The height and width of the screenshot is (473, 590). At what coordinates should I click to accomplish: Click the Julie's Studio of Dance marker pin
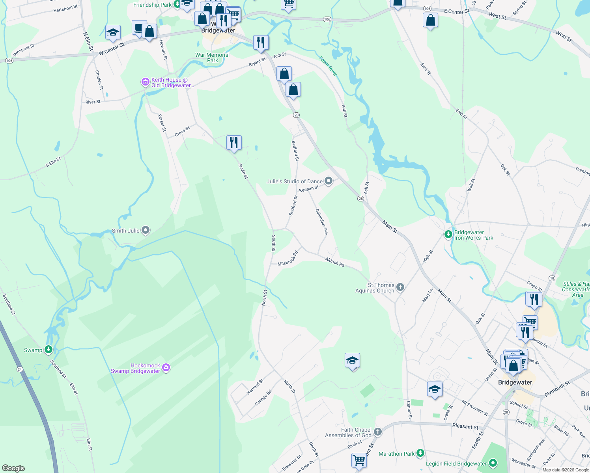pyautogui.click(x=329, y=181)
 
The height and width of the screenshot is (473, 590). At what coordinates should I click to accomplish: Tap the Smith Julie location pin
pyautogui.click(x=146, y=230)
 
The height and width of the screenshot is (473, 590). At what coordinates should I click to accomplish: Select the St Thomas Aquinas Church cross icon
pyautogui.click(x=400, y=287)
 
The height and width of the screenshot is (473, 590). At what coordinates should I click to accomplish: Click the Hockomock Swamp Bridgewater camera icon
pyautogui.click(x=166, y=368)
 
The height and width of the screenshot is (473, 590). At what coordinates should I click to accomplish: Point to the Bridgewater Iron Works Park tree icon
pyautogui.click(x=448, y=235)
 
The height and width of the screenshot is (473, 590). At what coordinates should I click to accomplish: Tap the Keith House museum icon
pyautogui.click(x=146, y=82)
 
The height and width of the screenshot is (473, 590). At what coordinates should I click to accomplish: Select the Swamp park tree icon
pyautogui.click(x=48, y=349)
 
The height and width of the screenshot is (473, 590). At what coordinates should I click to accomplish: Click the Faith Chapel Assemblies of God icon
pyautogui.click(x=377, y=432)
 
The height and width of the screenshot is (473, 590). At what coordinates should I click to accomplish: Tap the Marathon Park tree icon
pyautogui.click(x=420, y=453)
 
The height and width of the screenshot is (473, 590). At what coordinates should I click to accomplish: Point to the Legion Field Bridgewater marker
pyautogui.click(x=493, y=463)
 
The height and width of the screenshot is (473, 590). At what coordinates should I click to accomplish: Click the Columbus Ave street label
pyautogui.click(x=322, y=222)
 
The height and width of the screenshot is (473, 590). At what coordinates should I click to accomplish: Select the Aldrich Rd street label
pyautogui.click(x=335, y=262)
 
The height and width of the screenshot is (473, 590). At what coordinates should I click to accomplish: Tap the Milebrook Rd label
pyautogui.click(x=288, y=259)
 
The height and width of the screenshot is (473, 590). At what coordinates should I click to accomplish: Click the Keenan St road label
pyautogui.click(x=309, y=189)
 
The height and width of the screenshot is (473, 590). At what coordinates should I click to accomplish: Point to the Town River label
pyautogui.click(x=328, y=66)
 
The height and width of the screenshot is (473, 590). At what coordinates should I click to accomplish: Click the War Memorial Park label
pyautogui.click(x=212, y=58)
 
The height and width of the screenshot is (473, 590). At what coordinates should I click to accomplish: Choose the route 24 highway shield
pyautogui.click(x=20, y=369)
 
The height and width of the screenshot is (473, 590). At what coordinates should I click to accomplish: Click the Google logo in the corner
pyautogui.click(x=13, y=468)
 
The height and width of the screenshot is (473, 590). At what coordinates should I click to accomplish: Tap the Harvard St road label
pyautogui.click(x=255, y=387)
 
